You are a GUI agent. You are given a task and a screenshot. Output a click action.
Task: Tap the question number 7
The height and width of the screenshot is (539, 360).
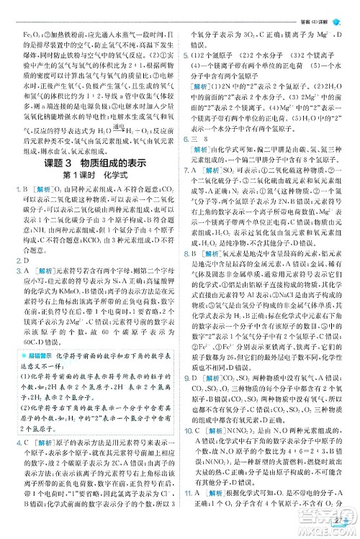[185, 170]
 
